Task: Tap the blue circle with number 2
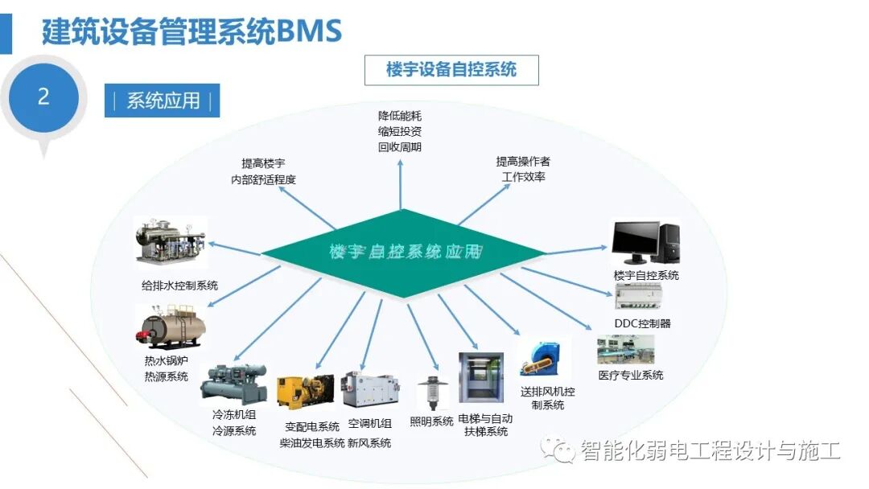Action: tap(43, 97)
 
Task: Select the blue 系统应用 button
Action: tap(162, 101)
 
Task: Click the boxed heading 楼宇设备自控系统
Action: tap(451, 70)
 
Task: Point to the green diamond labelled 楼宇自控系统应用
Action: tap(405, 252)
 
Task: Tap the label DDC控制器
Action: tap(642, 323)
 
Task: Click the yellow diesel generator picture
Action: tap(304, 392)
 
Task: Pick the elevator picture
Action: tap(481, 377)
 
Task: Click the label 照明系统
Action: tap(431, 421)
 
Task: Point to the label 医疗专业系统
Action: tap(631, 375)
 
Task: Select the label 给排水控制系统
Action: tap(179, 286)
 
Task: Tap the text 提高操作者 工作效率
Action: tap(523, 169)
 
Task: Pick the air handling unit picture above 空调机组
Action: tap(369, 390)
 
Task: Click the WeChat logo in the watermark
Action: tap(558, 450)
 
